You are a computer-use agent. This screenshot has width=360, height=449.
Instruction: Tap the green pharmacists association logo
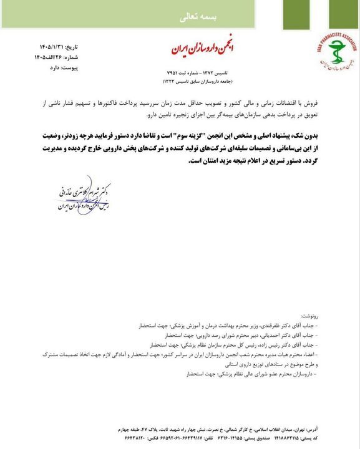(x=331, y=56)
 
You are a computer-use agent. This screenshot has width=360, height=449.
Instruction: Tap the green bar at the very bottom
(x=180, y=447)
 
